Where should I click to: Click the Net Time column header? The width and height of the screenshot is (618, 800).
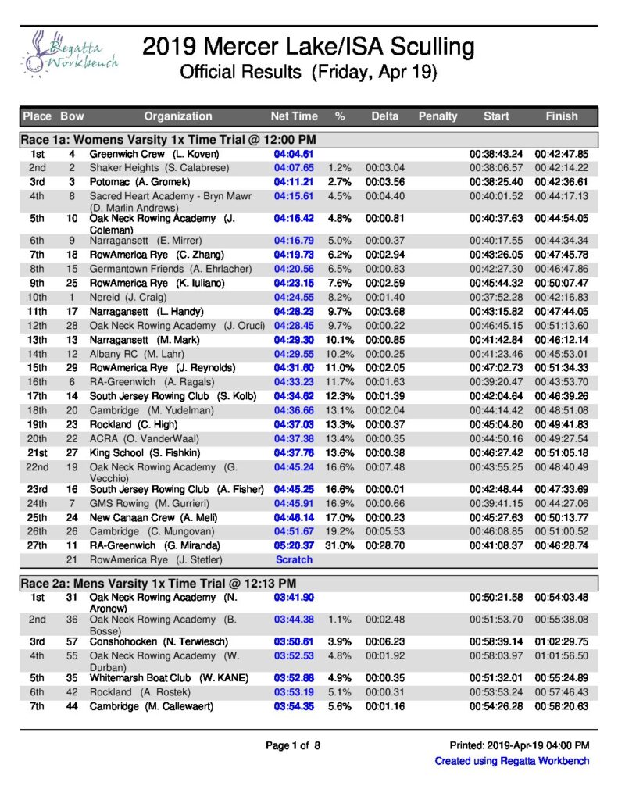(295, 116)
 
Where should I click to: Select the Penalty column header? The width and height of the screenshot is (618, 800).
(438, 116)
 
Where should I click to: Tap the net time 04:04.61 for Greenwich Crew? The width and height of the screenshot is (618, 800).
(294, 155)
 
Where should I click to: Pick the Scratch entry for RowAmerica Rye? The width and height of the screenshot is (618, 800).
(294, 559)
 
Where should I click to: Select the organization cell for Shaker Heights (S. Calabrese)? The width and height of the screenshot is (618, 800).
(159, 167)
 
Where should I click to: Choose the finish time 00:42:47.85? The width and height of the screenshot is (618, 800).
(561, 155)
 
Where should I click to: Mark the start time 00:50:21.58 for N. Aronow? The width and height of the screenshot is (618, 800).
(496, 598)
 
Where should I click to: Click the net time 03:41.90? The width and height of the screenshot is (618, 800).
(294, 598)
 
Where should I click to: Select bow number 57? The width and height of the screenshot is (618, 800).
(72, 641)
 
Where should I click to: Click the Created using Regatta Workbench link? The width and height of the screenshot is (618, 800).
(512, 761)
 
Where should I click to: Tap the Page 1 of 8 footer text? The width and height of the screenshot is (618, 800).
(293, 746)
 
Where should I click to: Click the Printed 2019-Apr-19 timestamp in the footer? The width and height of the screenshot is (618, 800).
(520, 746)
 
